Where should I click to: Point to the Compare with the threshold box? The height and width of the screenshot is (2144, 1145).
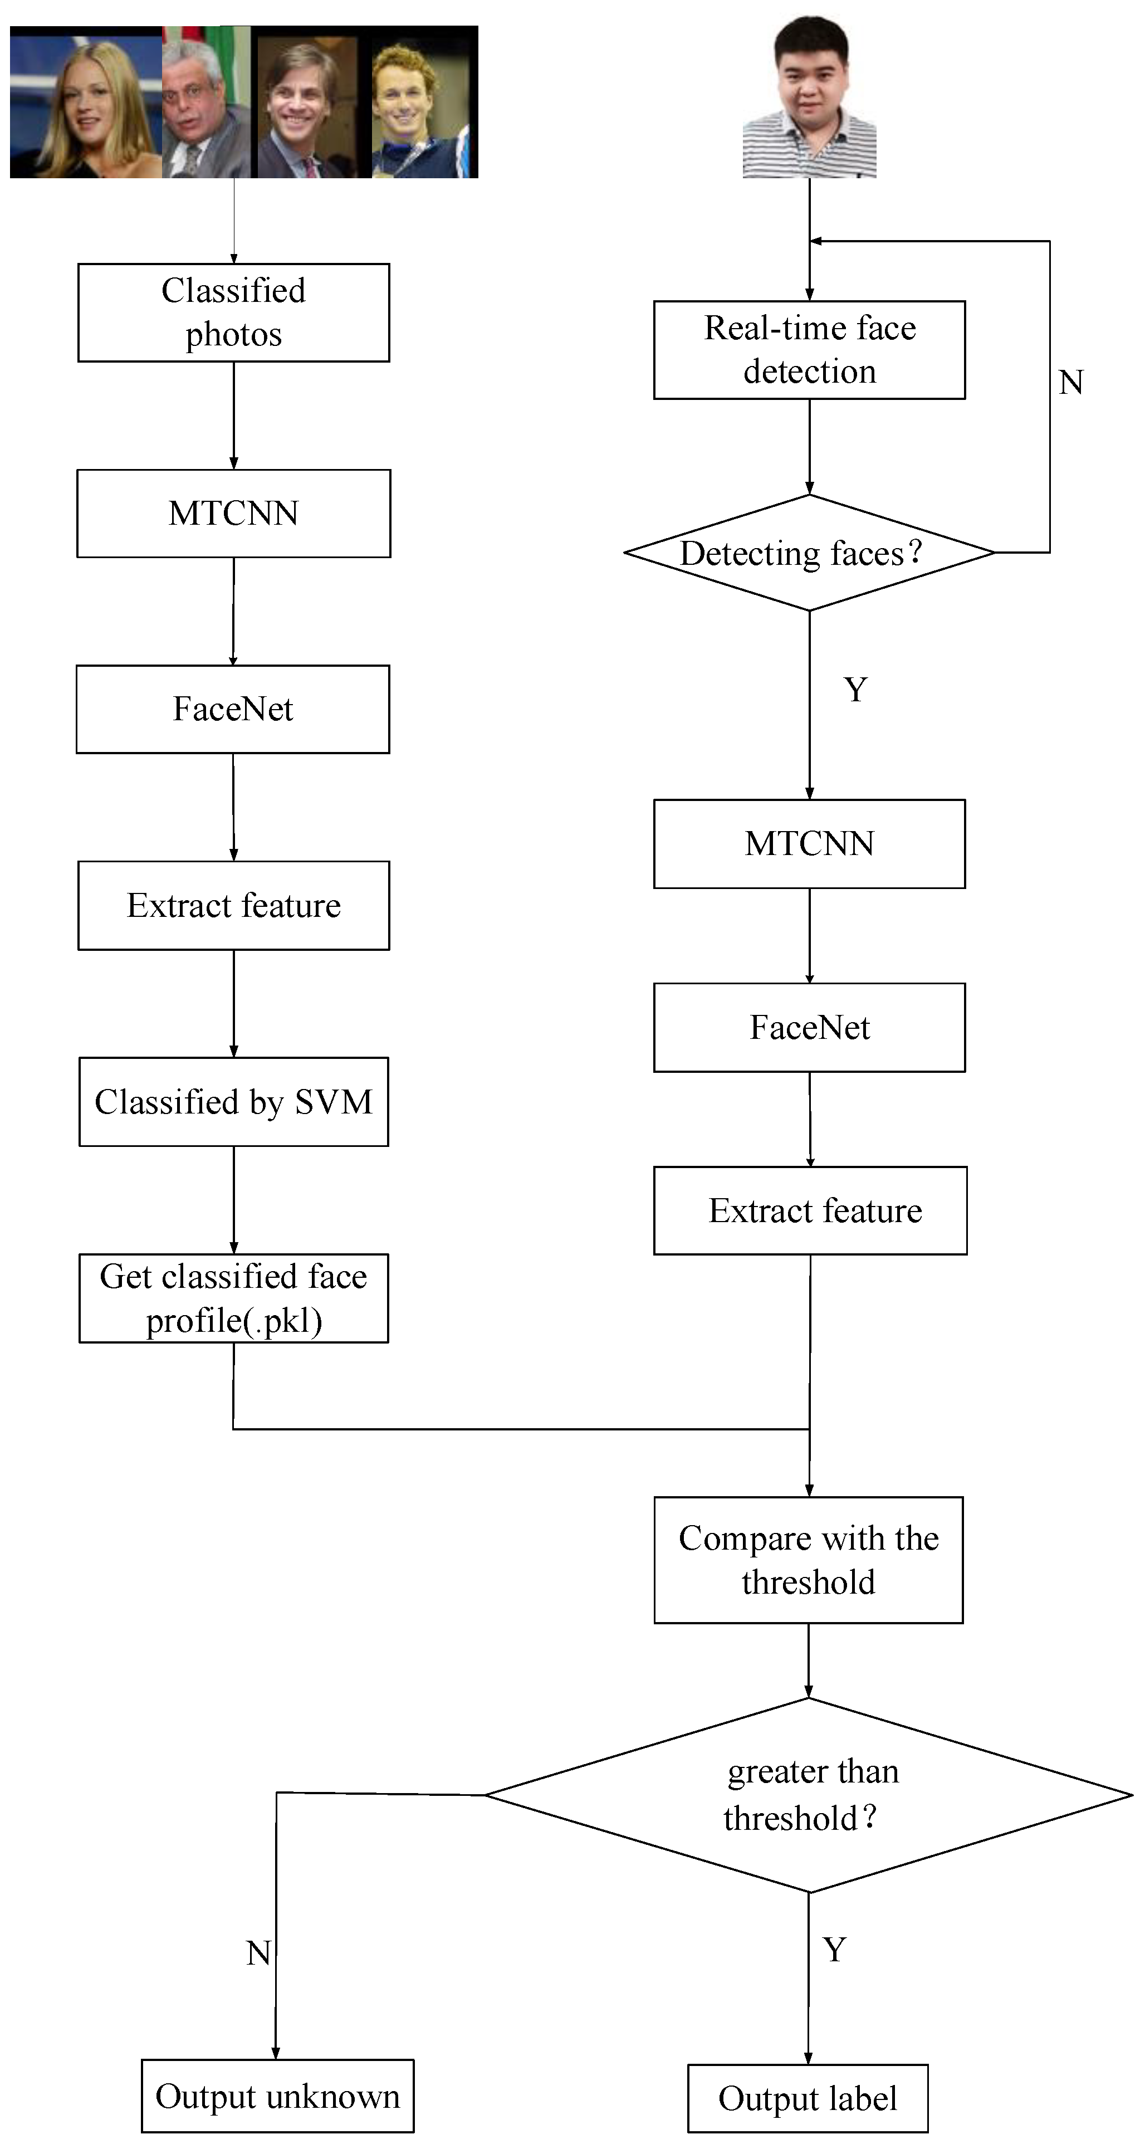pyautogui.click(x=808, y=1560)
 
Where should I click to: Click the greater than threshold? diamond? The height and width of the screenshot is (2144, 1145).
pyautogui.click(x=808, y=1795)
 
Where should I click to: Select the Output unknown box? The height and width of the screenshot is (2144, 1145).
pyautogui.click(x=277, y=2096)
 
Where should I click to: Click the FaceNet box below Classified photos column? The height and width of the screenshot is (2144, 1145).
pyautogui.click(x=233, y=709)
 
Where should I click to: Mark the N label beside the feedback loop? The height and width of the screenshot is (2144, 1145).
pyautogui.click(x=1070, y=383)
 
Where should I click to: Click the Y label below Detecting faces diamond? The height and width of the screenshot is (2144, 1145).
pyautogui.click(x=855, y=689)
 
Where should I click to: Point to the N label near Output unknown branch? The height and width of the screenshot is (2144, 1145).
pyautogui.click(x=258, y=1952)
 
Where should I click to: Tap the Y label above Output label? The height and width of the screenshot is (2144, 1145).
pyautogui.click(x=835, y=1949)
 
